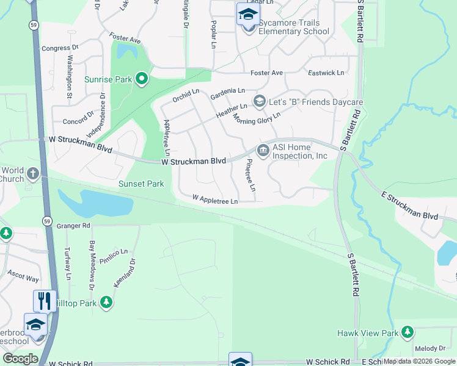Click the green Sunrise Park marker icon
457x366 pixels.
coord(142,78)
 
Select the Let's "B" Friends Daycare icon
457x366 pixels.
coord(259,101)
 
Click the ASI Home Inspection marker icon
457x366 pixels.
coord(263,150)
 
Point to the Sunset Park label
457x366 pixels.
coord(141,184)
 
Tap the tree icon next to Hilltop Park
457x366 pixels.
coord(106,302)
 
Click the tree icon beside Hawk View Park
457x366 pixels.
coord(407,333)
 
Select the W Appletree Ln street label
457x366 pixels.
coord(214,199)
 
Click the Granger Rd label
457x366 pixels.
coord(73,226)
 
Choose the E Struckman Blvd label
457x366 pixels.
coord(410,206)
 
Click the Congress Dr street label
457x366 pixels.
coord(59,47)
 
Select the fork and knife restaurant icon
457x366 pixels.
coord(45,300)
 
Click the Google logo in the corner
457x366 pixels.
coord(20,359)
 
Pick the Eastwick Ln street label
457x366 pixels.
coord(326,73)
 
